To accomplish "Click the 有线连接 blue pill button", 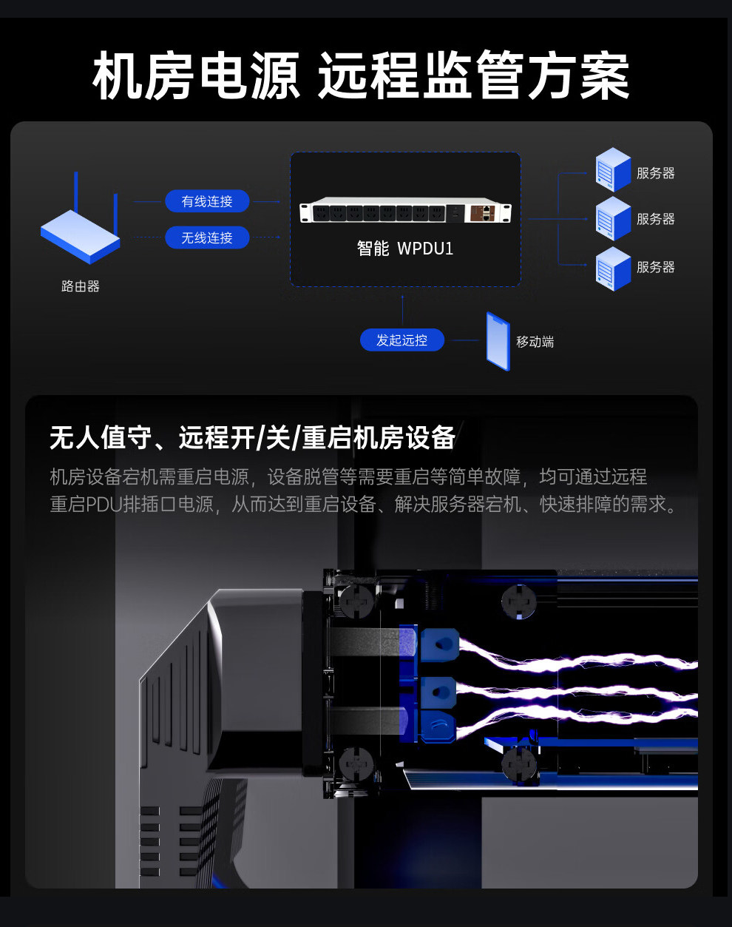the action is click(207, 201).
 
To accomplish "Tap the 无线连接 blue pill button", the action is click(207, 237).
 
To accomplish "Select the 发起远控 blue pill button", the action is click(401, 340).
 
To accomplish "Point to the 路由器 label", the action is click(81, 286).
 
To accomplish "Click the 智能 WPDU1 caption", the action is click(404, 249).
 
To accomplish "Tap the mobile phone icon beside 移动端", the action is click(498, 341).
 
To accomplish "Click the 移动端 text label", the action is click(535, 342).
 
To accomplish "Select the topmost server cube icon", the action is click(613, 169).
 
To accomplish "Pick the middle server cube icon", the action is click(613, 219).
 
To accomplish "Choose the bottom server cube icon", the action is click(613, 269).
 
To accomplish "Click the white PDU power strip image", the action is click(406, 210).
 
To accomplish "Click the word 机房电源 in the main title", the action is click(196, 75).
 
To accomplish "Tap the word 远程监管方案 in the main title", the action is click(474, 75).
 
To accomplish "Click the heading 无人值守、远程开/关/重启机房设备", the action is click(252, 438).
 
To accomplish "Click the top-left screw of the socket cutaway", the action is click(356, 600).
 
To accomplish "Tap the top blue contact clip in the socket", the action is click(438, 645).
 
